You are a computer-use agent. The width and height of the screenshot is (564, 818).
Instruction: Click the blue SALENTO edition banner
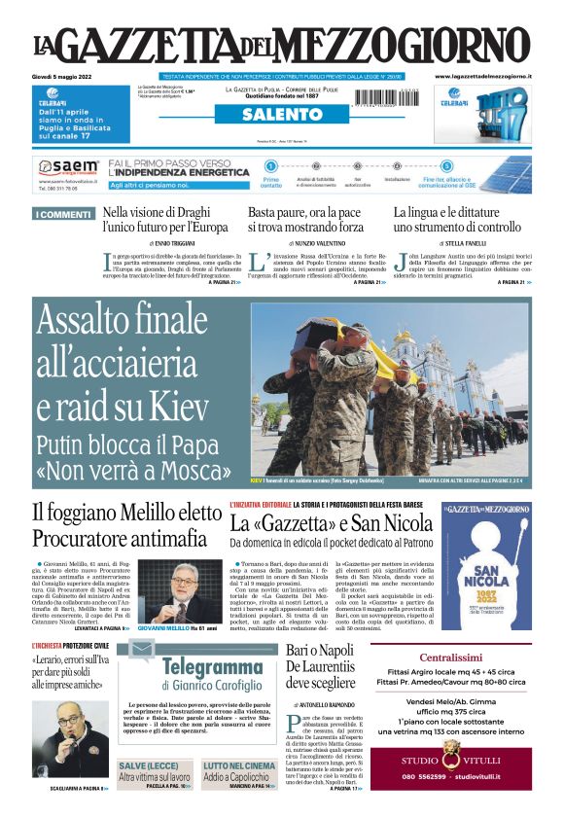[282, 115]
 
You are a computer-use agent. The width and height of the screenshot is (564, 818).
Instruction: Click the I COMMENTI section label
[63, 214]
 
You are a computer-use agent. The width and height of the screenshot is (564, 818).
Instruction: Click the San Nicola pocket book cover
[486, 566]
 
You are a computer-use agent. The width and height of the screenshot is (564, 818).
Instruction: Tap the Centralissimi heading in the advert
[450, 658]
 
